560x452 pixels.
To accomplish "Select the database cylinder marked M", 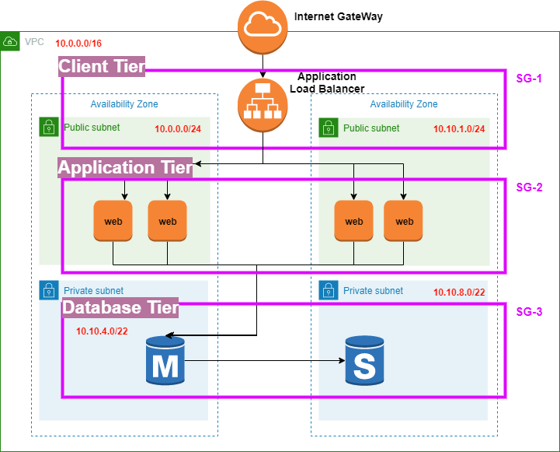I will pyautogui.click(x=165, y=361).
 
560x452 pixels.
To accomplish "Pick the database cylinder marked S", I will pyautogui.click(x=363, y=361).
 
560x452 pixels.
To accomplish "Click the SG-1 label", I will pyautogui.click(x=529, y=79).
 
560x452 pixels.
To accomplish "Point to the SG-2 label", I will pyautogui.click(x=529, y=187).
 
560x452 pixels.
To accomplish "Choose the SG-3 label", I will pyautogui.click(x=529, y=312).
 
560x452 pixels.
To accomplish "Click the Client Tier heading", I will pyautogui.click(x=102, y=67).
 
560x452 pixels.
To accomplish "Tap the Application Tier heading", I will pyautogui.click(x=124, y=167).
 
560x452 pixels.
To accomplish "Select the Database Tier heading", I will pyautogui.click(x=120, y=308).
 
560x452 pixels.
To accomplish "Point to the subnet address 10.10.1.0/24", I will pyautogui.click(x=459, y=129).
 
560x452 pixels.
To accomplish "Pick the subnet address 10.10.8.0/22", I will pyautogui.click(x=459, y=292).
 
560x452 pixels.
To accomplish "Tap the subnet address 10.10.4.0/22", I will pyautogui.click(x=102, y=331).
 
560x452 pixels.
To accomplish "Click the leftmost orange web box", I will pyautogui.click(x=113, y=221).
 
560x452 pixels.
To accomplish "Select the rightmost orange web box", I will pyautogui.click(x=404, y=221).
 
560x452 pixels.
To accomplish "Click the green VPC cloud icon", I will pyautogui.click(x=10, y=40).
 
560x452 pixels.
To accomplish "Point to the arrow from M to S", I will pyautogui.click(x=264, y=361).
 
